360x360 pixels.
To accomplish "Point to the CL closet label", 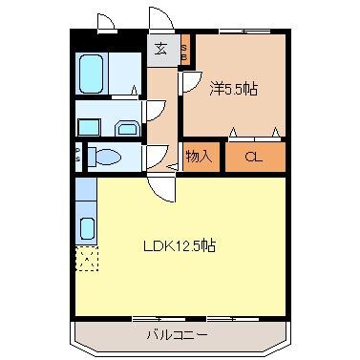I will click(253, 157).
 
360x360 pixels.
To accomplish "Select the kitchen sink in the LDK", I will click(87, 228).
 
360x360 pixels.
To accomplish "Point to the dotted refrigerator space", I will click(87, 256).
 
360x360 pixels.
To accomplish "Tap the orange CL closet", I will click(253, 157).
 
